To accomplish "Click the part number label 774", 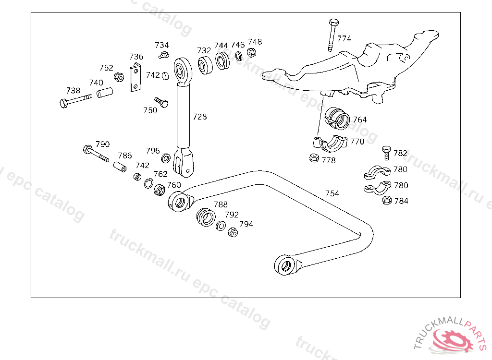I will tap(344, 38).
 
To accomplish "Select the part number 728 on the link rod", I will tap(199, 117).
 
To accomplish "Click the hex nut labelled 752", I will tap(119, 77).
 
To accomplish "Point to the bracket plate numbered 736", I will tap(136, 77).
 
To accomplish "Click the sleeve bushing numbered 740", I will tap(105, 92).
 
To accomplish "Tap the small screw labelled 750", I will tap(162, 101).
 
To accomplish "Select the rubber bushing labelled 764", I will tap(338, 119).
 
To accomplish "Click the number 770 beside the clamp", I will tap(357, 142).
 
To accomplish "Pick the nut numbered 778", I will tap(313, 157).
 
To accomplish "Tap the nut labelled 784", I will tap(386, 201).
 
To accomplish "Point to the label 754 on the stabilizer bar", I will tap(332, 193).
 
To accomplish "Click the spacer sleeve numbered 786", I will tap(120, 168).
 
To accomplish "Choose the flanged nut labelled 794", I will tap(233, 232).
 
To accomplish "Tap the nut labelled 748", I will tap(251, 51).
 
